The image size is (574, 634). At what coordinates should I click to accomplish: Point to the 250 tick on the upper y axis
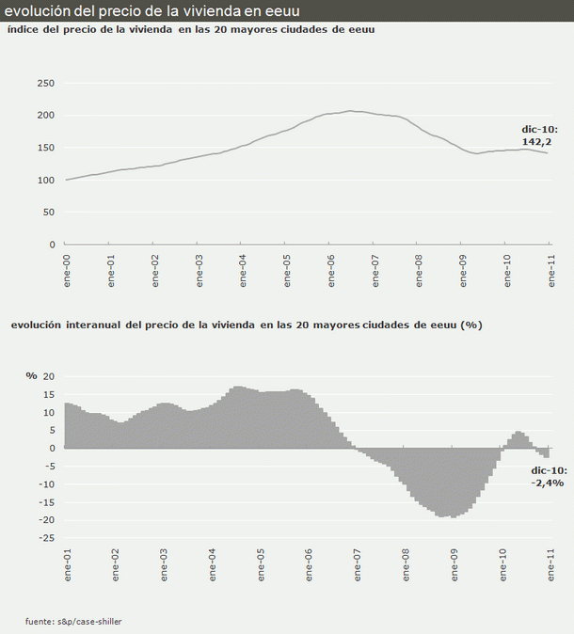[x=46, y=83]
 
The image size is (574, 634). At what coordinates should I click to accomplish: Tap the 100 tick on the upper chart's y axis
[x=46, y=180]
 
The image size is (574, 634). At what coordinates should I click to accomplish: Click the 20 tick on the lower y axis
[x=50, y=376]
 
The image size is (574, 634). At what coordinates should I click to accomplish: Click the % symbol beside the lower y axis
[x=32, y=376]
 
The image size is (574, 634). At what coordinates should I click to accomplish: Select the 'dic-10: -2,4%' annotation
[x=547, y=476]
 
